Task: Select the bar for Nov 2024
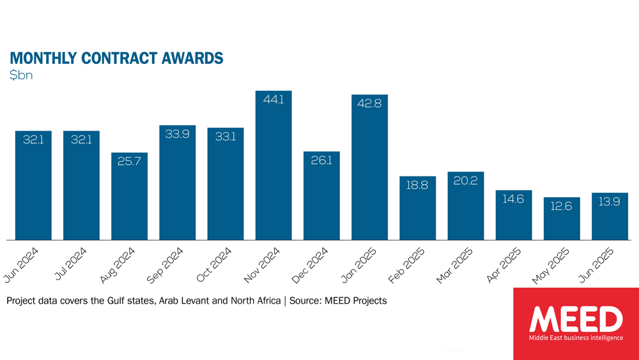tap(273, 166)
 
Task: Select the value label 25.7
tap(129, 162)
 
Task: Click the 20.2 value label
tap(466, 181)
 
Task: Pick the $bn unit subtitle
tap(21, 75)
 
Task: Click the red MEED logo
tap(576, 324)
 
